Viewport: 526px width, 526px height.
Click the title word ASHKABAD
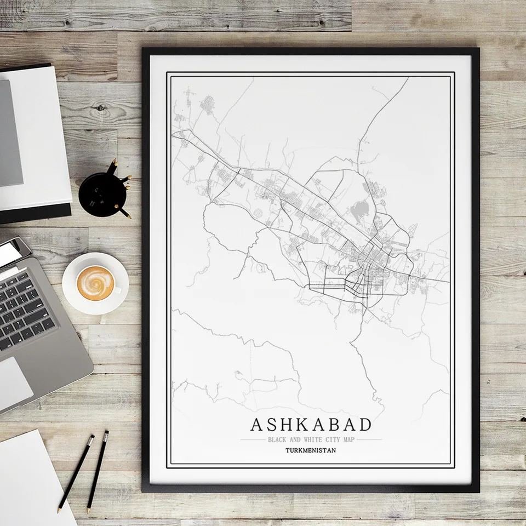click(x=311, y=425)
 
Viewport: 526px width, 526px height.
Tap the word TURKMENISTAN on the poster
click(x=311, y=451)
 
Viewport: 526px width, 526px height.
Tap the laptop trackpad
click(x=14, y=382)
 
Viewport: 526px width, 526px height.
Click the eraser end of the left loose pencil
click(x=92, y=438)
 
